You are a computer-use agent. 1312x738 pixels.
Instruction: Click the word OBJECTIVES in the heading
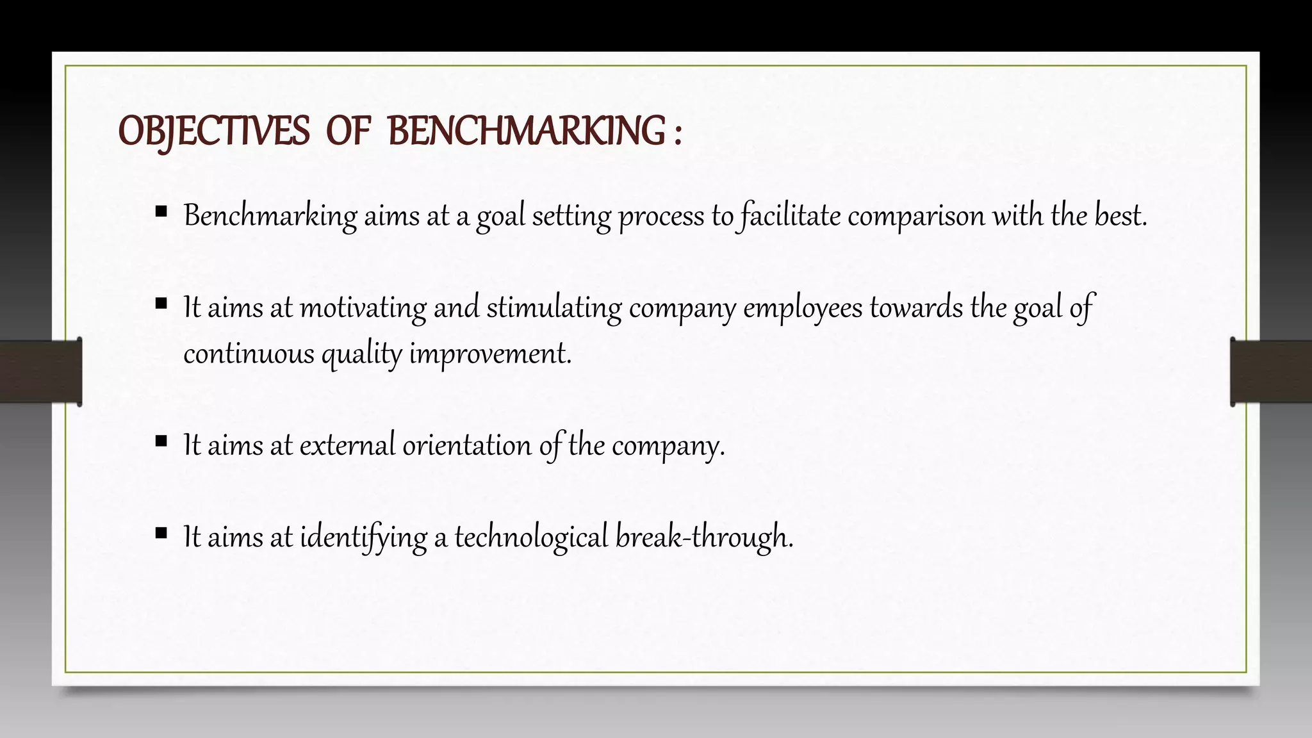coord(214,131)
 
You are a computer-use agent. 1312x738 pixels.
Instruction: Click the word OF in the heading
coord(348,131)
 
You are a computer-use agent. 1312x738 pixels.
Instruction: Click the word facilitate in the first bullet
coord(790,216)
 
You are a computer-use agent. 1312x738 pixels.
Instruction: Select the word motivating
coord(363,307)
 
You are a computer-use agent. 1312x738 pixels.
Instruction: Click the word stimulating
coord(553,307)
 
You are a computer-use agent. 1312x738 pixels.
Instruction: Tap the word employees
coord(803,307)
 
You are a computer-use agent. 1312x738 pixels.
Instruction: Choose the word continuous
coord(249,354)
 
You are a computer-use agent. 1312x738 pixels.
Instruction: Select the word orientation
coord(466,445)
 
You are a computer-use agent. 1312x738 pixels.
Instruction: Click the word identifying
coord(363,537)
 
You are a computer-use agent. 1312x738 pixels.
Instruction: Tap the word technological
coord(531,537)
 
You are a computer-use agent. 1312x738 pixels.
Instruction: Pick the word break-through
coord(704,537)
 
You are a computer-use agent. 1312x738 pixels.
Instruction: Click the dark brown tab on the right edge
coord(1271,372)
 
